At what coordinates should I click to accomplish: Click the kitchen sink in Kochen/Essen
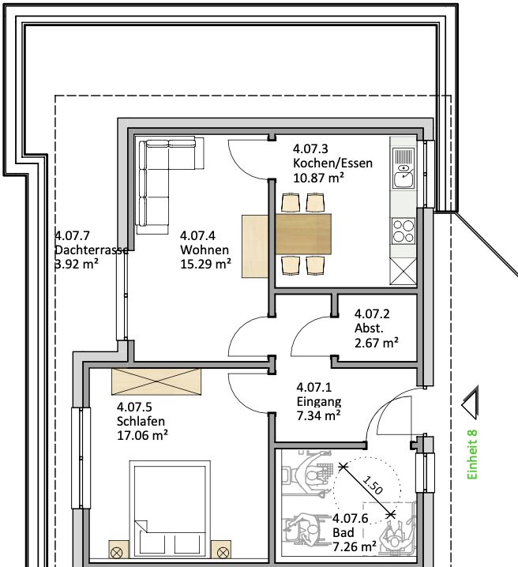point(404,167)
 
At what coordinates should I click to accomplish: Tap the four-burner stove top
point(404,231)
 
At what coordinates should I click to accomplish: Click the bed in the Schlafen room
point(170,509)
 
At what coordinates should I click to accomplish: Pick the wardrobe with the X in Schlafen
point(156,381)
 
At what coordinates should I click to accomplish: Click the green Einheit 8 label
point(472,455)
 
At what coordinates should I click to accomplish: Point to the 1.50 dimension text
point(373,485)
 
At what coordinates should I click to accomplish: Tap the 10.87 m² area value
point(318,178)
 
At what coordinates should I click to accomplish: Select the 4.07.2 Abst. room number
point(372,314)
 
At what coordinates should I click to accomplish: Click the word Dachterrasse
point(92,250)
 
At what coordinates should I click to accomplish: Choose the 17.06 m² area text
point(142,435)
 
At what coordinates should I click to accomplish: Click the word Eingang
point(319,402)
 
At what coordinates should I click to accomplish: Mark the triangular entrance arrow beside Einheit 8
point(471,404)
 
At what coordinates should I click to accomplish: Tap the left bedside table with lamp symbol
point(119,549)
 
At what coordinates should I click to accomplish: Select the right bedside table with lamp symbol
point(221,549)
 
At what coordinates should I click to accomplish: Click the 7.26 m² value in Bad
point(355,546)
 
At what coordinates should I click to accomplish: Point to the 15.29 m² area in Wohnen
point(205,264)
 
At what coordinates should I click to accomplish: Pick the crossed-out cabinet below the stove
point(403,272)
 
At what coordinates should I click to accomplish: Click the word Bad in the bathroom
point(343,532)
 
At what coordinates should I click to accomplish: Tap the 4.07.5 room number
point(134,407)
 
